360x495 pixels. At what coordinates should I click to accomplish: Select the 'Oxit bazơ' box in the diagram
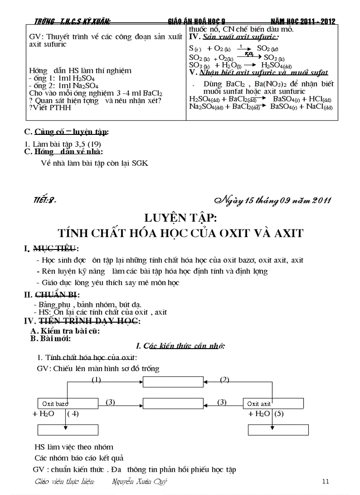tap(66, 403)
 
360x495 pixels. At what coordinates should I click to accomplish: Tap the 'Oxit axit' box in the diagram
tap(274, 403)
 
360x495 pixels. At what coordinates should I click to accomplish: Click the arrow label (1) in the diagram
tap(96, 380)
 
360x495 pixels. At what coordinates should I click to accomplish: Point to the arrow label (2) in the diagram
tap(225, 380)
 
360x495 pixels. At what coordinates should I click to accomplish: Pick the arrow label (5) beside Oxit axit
tap(279, 414)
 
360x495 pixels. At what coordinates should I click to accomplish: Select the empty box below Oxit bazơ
tap(66, 430)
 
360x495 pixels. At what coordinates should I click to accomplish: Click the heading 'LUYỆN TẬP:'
tap(180, 218)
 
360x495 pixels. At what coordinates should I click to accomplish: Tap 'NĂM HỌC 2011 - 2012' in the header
tap(303, 21)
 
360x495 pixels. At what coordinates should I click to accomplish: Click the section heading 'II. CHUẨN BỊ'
tap(52, 295)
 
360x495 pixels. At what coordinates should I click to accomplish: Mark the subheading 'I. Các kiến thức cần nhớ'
tap(181, 346)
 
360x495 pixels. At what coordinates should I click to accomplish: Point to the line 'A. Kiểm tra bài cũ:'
tap(65, 331)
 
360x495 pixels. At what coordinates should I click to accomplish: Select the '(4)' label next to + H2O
tap(73, 414)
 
